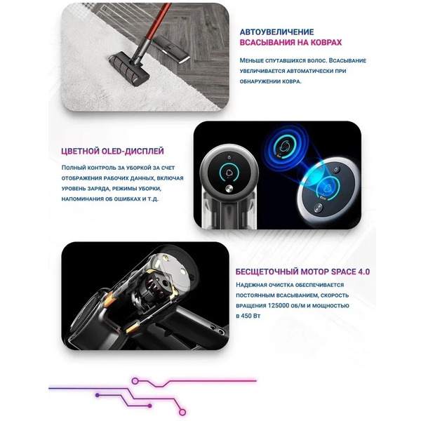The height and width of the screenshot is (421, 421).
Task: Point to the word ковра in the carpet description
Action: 300,81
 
